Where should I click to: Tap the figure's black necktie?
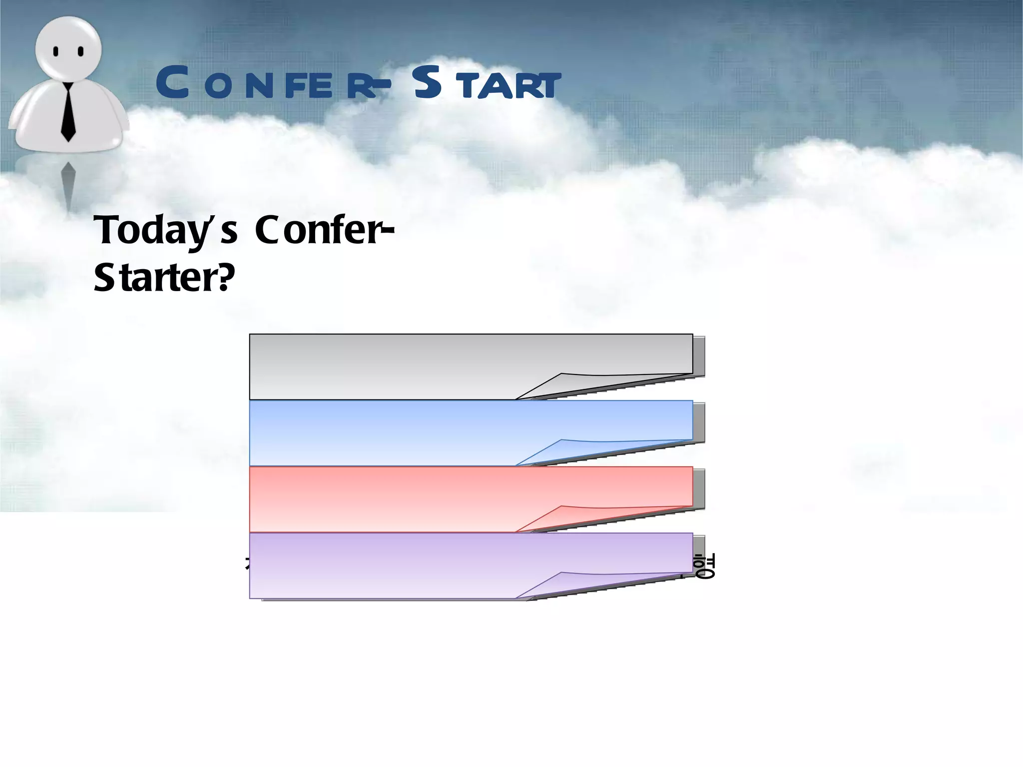(x=68, y=112)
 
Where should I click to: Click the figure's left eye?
(x=56, y=51)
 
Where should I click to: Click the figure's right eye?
(x=81, y=51)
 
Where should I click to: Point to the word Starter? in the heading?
(x=164, y=278)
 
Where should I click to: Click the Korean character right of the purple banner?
(x=705, y=566)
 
